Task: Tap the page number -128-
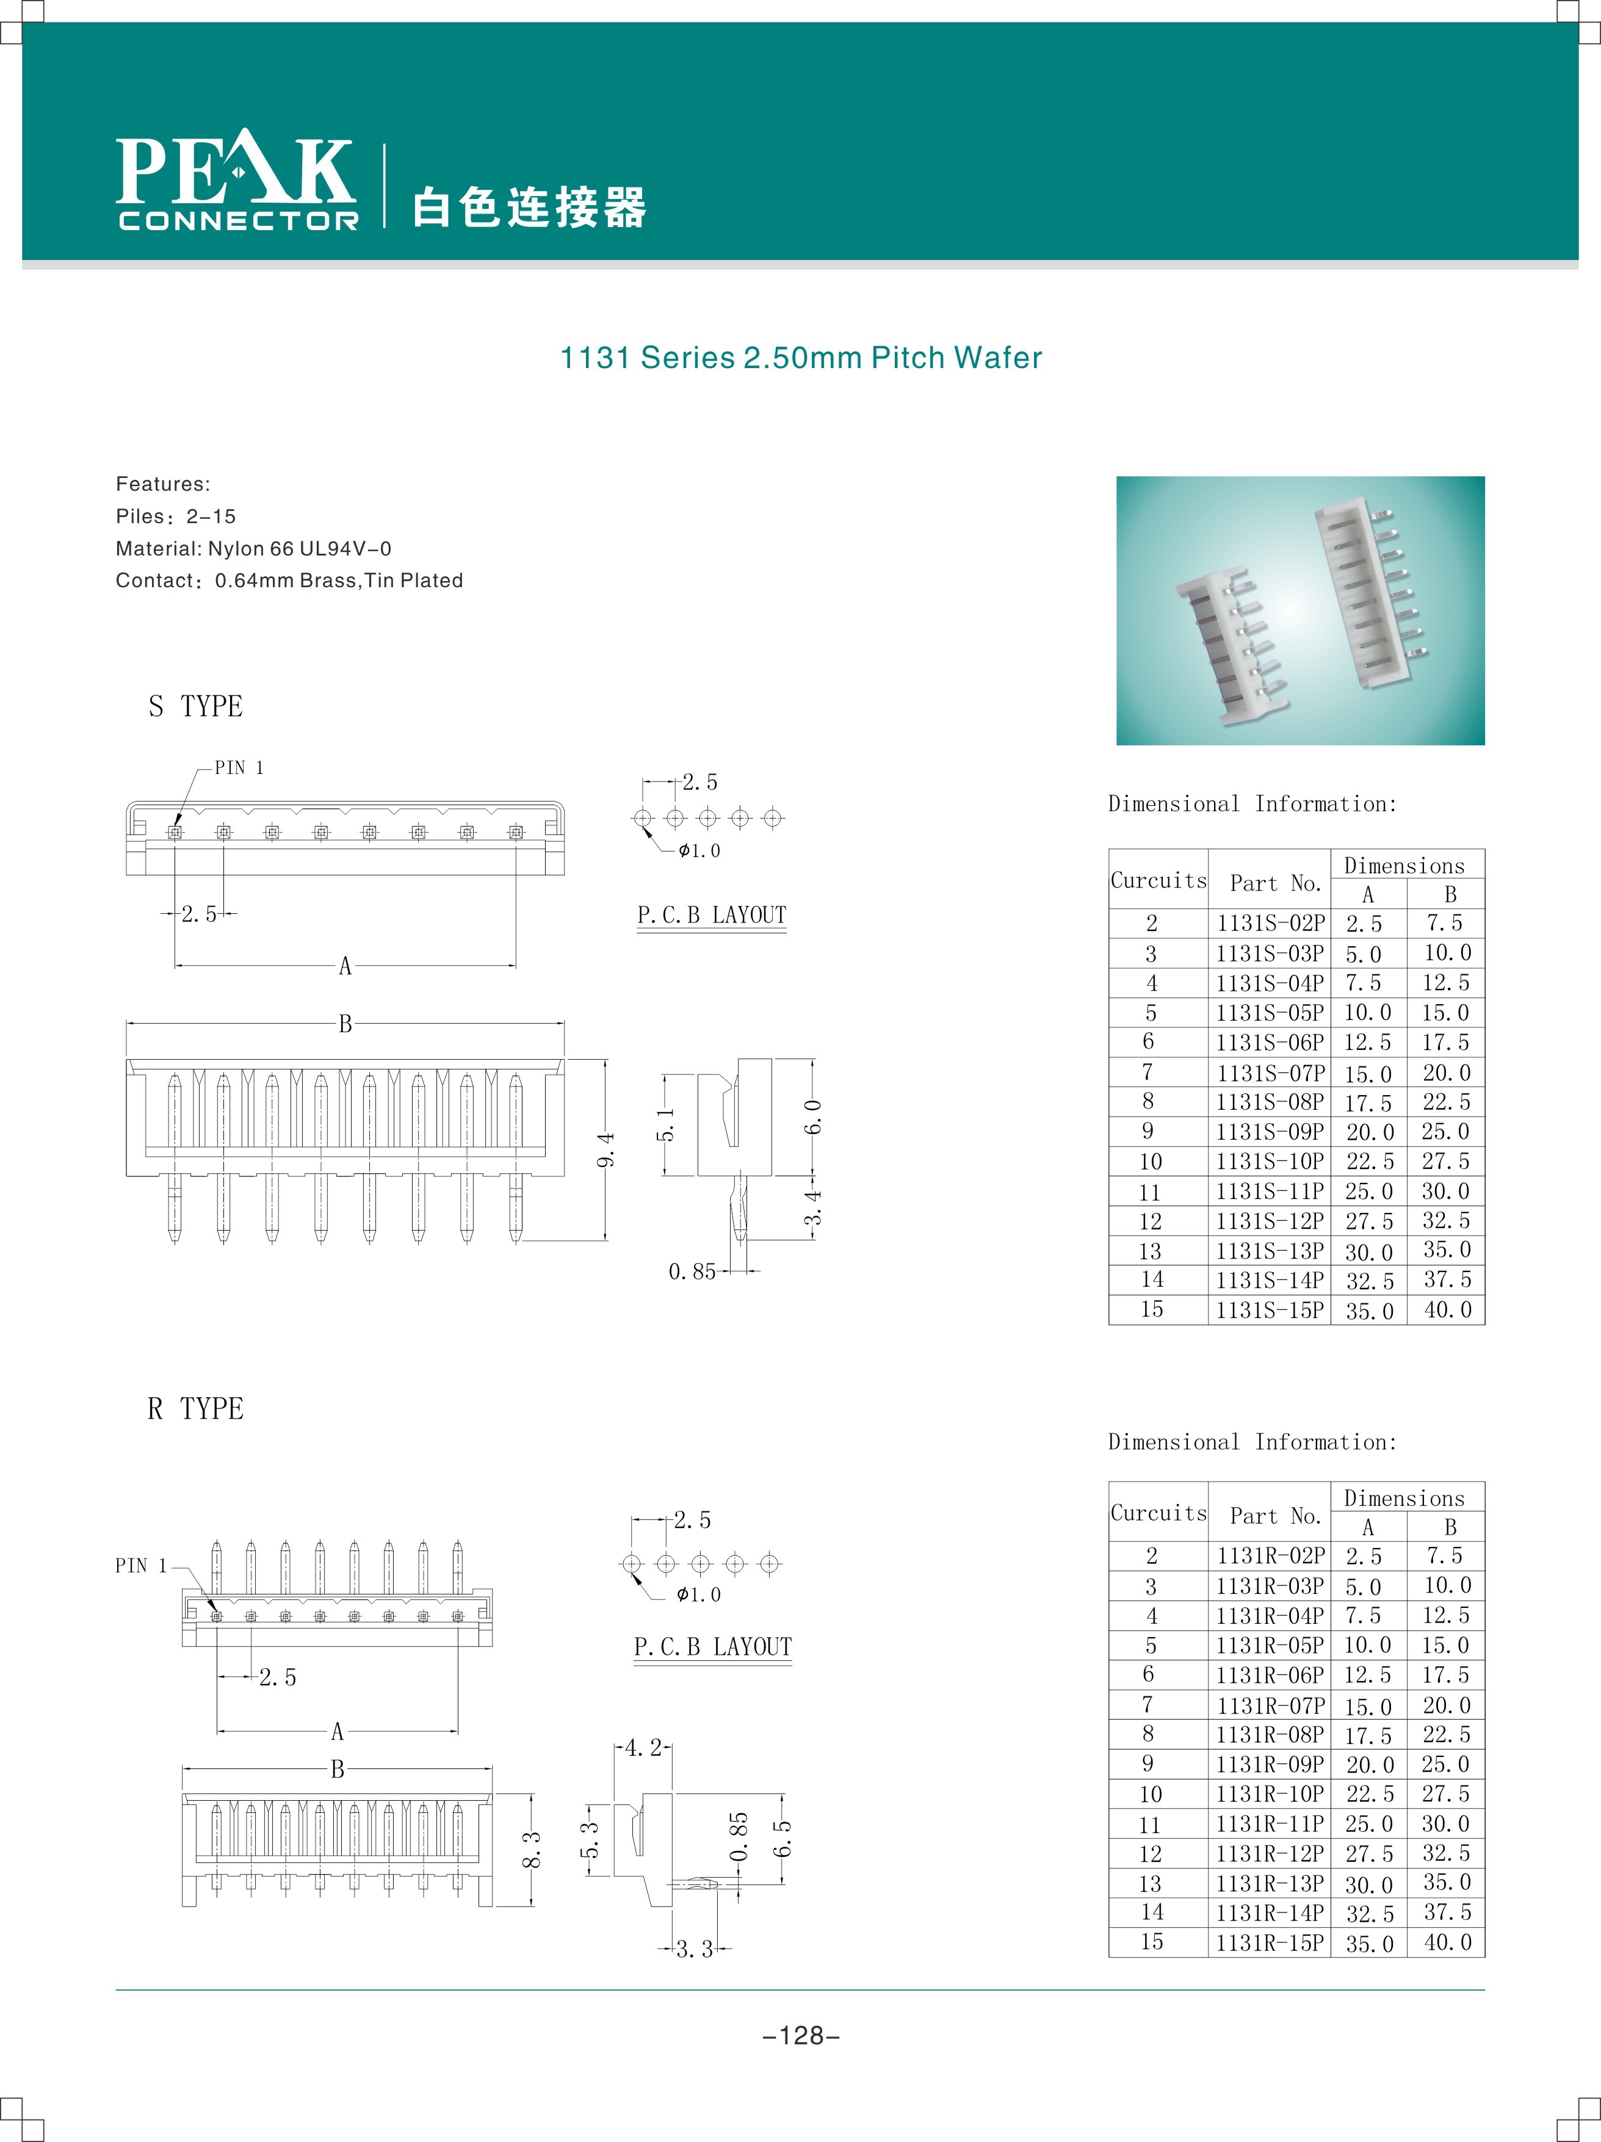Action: (801, 2036)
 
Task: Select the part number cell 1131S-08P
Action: (1270, 1102)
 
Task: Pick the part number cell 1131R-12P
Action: (1270, 1853)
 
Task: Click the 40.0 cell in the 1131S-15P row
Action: (1447, 1310)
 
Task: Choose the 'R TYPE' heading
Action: (196, 1409)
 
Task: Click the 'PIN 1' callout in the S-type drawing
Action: (238, 768)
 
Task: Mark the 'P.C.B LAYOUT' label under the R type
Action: (713, 1647)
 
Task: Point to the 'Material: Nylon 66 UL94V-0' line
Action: (254, 549)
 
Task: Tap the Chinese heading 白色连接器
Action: (529, 207)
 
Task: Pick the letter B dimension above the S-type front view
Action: (345, 1024)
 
